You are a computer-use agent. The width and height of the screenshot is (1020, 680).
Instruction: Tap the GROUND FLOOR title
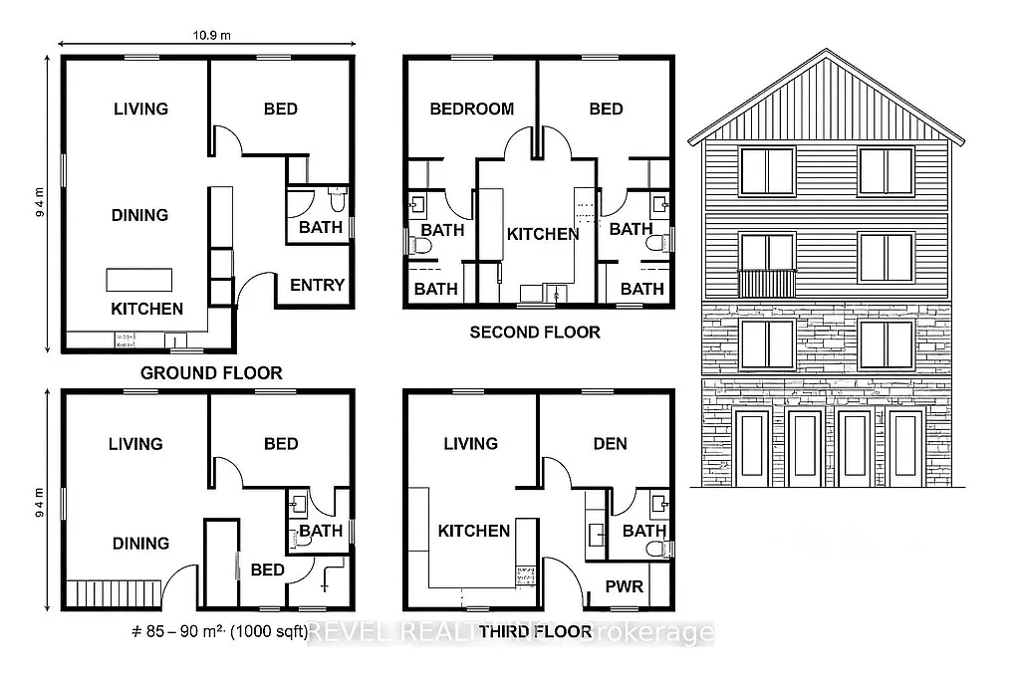tap(211, 373)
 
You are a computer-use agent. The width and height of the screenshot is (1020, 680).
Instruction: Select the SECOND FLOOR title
tap(535, 332)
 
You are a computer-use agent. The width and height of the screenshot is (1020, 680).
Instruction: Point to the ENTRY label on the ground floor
tap(317, 285)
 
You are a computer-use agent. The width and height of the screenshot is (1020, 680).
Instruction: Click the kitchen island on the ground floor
tap(139, 278)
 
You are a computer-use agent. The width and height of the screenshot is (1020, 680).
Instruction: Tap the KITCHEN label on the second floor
tap(543, 234)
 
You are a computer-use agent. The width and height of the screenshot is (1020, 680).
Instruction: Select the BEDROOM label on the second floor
tap(471, 109)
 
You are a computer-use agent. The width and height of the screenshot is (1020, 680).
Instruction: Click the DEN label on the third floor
tap(610, 443)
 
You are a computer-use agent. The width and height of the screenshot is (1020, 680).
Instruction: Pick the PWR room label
tap(625, 586)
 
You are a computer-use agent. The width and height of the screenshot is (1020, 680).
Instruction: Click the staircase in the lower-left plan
tap(113, 592)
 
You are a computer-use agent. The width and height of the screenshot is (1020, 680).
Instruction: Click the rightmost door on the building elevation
tap(904, 448)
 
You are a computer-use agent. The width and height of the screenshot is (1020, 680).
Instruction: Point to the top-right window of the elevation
tap(887, 171)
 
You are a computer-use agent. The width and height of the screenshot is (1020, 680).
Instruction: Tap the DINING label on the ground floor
tap(139, 215)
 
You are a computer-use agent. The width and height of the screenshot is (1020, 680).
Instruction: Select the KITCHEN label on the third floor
tap(474, 531)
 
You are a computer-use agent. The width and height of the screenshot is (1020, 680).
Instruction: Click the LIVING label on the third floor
tap(470, 443)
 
